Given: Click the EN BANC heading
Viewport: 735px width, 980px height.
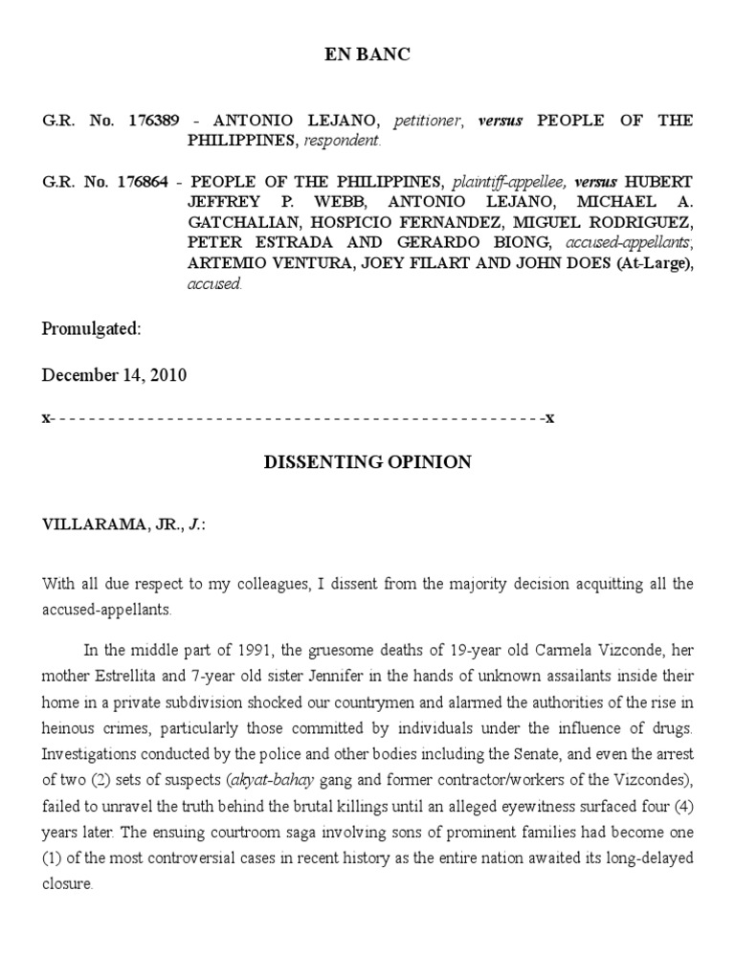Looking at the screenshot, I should [x=367, y=56].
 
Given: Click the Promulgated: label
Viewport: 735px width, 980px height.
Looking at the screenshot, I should [x=91, y=329].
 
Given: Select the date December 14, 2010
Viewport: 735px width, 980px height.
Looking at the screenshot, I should [x=114, y=375].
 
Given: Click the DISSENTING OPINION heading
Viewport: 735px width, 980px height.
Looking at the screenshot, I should [x=367, y=463].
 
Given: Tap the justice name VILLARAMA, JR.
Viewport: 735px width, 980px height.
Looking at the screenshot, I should [x=106, y=524].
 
